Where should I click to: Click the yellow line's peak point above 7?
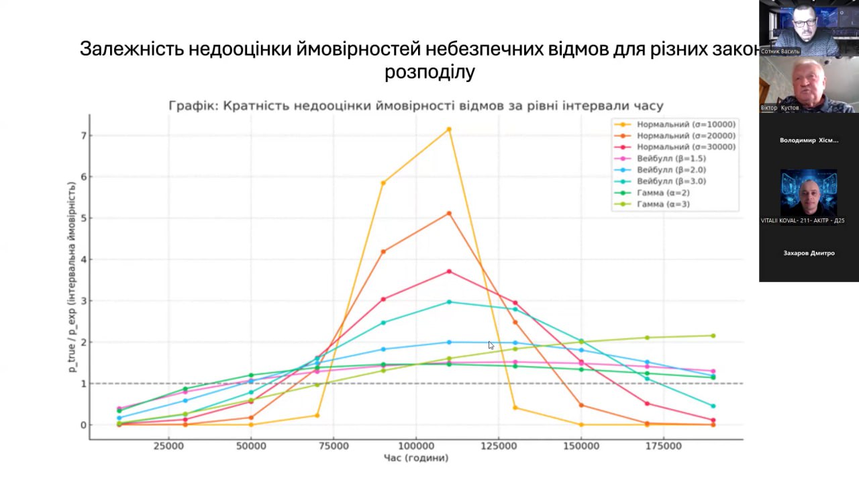[449, 129]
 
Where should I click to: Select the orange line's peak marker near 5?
[449, 214]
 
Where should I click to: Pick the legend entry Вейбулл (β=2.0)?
[671, 170]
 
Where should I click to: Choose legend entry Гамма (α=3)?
[663, 204]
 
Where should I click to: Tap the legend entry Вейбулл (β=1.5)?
[671, 159]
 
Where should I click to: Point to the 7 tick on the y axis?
[83, 136]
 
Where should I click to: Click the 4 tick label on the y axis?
[83, 259]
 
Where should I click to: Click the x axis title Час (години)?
[416, 458]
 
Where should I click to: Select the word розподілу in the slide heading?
[429, 72]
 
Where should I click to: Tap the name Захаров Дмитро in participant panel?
[809, 253]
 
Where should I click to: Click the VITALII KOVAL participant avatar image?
[809, 192]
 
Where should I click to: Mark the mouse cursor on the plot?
[491, 345]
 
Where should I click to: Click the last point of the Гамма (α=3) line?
[713, 336]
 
